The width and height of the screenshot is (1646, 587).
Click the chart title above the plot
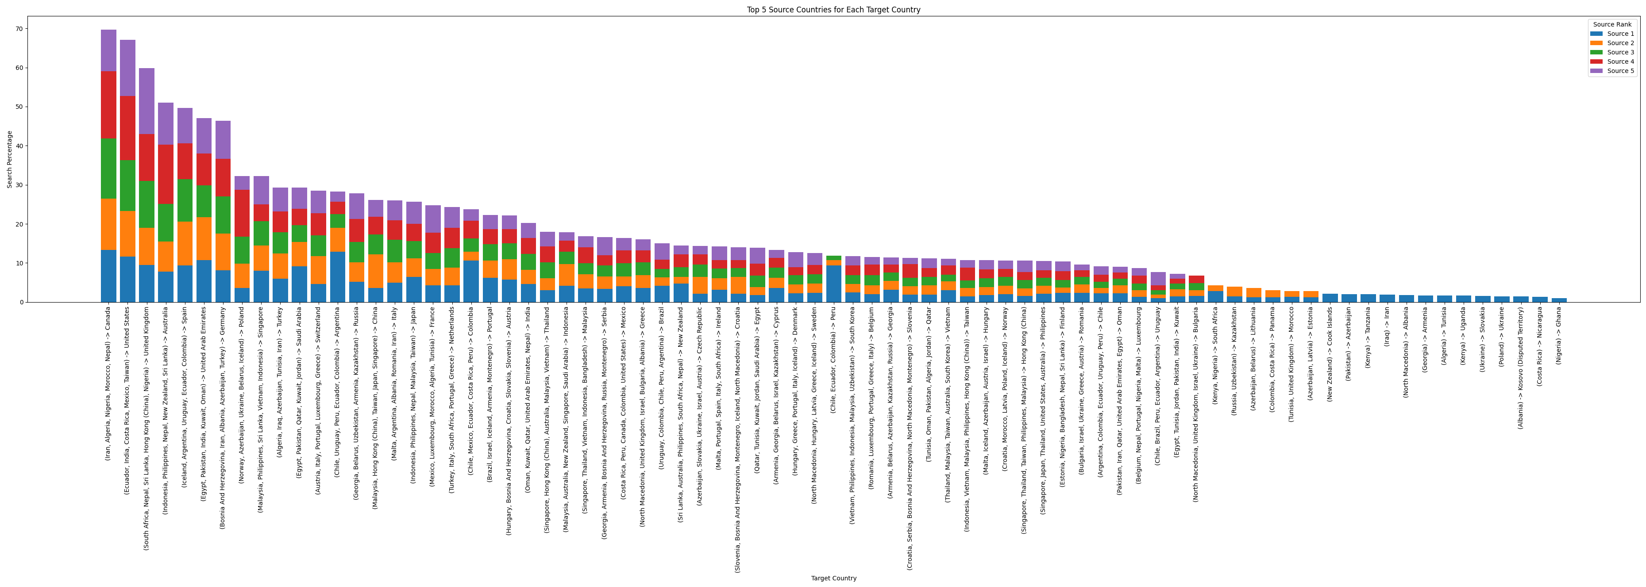(x=833, y=10)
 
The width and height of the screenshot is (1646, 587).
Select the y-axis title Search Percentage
(x=10, y=159)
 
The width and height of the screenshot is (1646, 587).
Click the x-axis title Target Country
(x=833, y=578)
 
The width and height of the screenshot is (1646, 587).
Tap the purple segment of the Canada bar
(x=108, y=50)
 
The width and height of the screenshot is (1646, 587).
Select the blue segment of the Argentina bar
(x=337, y=276)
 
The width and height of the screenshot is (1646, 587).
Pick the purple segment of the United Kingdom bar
(x=147, y=101)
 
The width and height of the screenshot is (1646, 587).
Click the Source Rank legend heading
(x=1612, y=24)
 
